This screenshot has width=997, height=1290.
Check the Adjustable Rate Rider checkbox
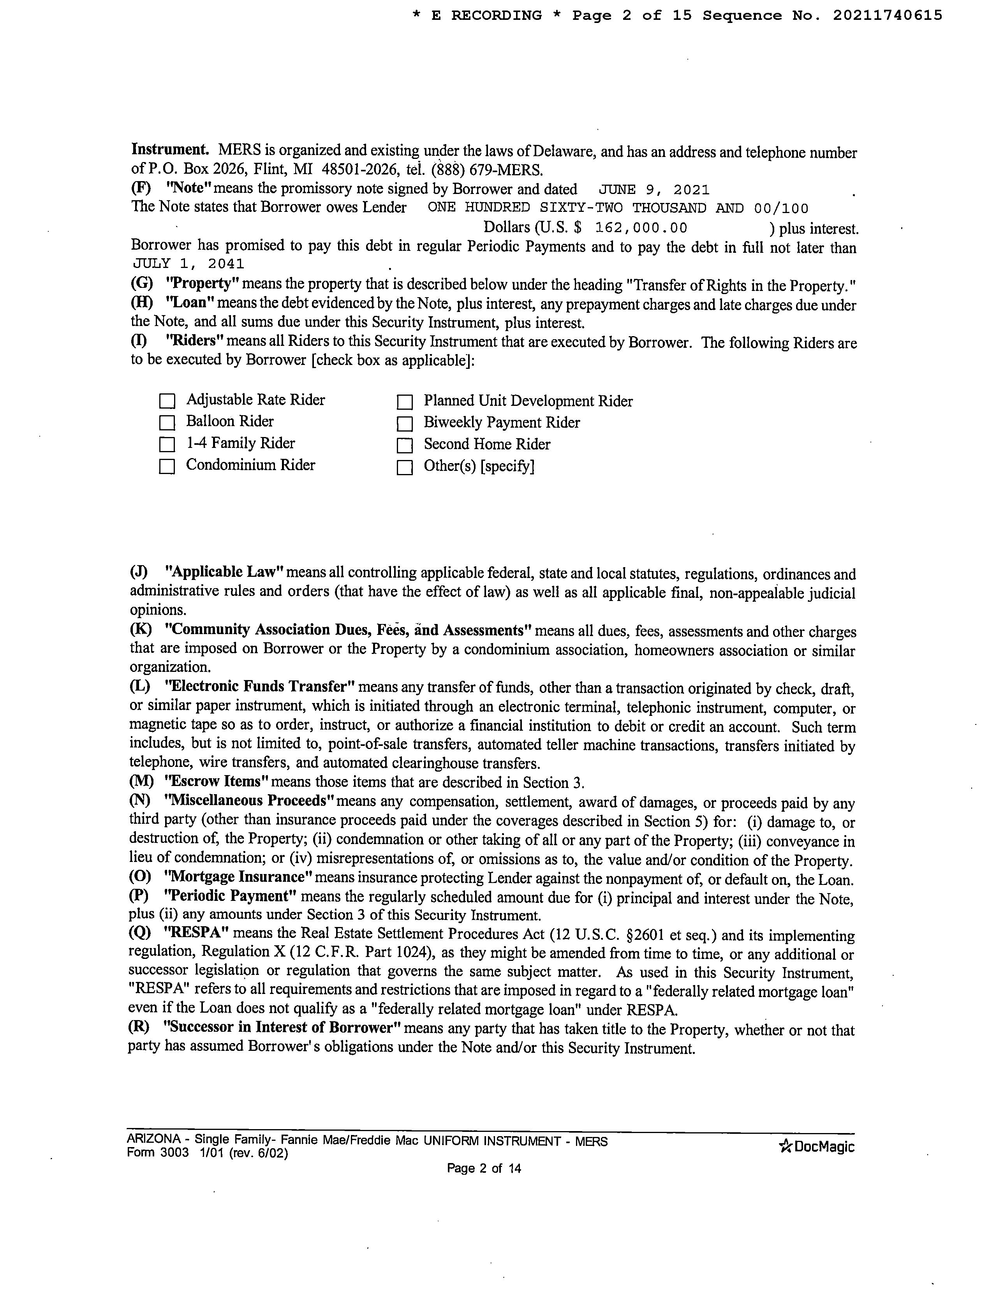(x=167, y=401)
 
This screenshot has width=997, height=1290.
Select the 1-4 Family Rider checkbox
(x=167, y=444)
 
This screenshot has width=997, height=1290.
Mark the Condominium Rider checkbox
(x=167, y=467)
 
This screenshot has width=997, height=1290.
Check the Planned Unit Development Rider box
(x=405, y=402)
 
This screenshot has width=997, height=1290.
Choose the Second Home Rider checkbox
(x=405, y=445)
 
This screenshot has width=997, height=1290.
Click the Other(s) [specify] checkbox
(x=405, y=468)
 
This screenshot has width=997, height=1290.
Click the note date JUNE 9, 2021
(x=654, y=190)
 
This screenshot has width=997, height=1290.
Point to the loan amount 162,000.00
(x=641, y=228)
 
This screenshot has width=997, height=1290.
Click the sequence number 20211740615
(x=887, y=16)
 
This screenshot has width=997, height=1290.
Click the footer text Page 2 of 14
(x=484, y=1168)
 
